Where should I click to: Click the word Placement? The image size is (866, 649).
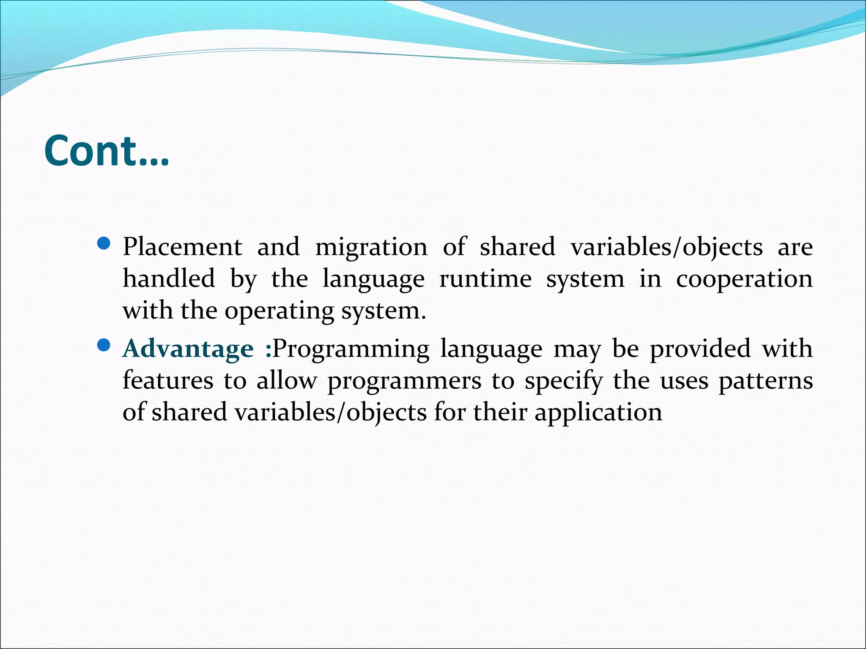coord(182,247)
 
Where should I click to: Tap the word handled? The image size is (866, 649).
coord(169,279)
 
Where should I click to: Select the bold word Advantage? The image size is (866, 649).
coord(188,349)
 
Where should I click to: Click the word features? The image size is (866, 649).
coord(168,380)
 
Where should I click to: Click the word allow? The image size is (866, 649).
coord(286,380)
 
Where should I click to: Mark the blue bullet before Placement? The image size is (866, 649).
coord(104,244)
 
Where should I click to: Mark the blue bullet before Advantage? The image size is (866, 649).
coord(104,346)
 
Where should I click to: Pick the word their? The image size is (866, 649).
coord(500,412)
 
